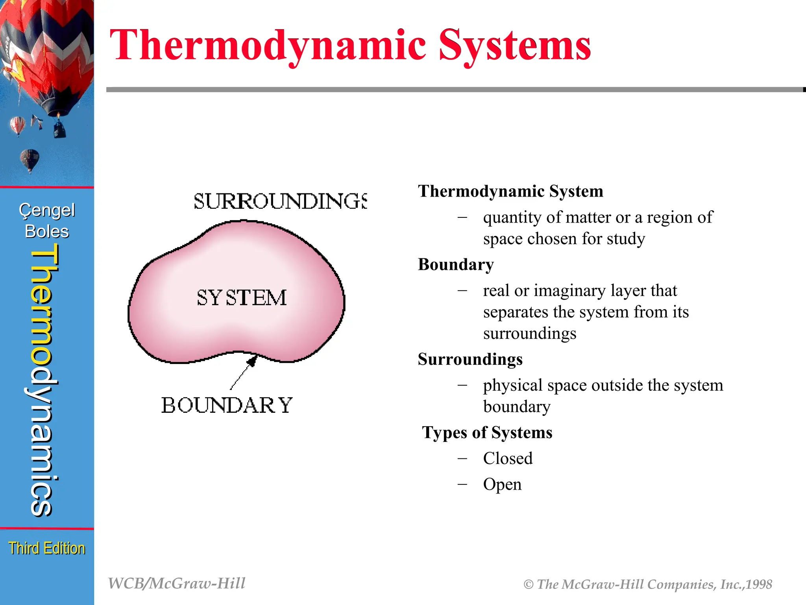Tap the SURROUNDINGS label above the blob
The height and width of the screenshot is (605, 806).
tap(280, 201)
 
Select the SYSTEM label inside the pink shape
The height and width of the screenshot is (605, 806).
tap(242, 298)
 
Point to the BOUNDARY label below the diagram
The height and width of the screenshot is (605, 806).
tap(227, 405)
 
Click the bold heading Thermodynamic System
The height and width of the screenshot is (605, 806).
tap(510, 191)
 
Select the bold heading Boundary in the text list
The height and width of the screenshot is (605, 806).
tap(456, 264)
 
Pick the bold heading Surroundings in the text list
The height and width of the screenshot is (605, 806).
tap(470, 359)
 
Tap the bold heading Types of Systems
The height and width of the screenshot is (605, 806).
tap(487, 432)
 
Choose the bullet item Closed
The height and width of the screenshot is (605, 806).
tap(508, 458)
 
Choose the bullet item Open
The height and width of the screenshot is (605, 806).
tap(502, 484)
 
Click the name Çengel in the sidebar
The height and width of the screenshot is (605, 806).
tap(47, 210)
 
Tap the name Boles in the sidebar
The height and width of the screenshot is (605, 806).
tap(47, 232)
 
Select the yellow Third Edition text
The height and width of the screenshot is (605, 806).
tap(47, 548)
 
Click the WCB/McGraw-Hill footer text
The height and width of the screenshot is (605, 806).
tap(177, 583)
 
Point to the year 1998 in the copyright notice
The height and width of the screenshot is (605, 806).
tap(759, 585)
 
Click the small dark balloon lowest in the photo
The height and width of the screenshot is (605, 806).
tap(30, 159)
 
